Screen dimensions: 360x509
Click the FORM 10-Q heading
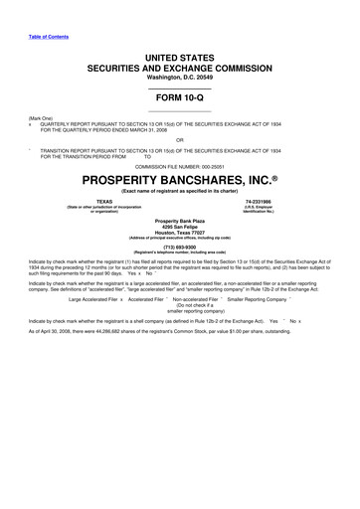(179, 97)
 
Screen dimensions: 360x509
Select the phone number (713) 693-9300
(180, 248)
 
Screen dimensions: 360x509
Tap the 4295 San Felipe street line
(180, 226)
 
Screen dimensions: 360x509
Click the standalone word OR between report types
(179, 139)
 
